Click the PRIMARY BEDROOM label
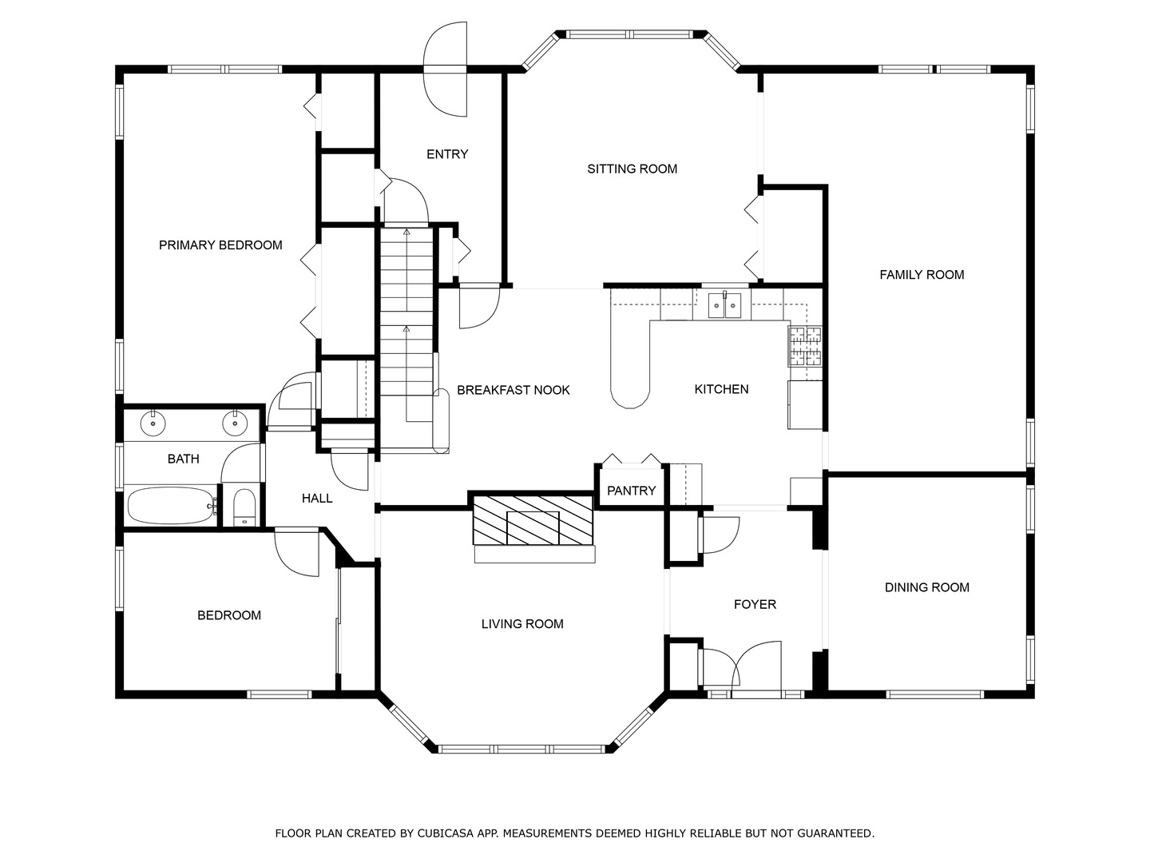tap(220, 245)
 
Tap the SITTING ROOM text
tap(632, 169)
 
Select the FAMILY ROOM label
tap(922, 275)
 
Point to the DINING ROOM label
tap(927, 587)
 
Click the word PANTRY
tap(632, 491)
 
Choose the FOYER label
tap(755, 604)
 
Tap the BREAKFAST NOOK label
tap(514, 390)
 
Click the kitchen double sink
tap(724, 305)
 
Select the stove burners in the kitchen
tap(805, 346)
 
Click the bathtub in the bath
tap(172, 505)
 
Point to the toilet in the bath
tap(244, 507)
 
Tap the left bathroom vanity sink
tap(153, 424)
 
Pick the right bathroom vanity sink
tap(235, 424)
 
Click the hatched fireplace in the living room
tap(533, 519)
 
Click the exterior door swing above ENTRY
tap(445, 69)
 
